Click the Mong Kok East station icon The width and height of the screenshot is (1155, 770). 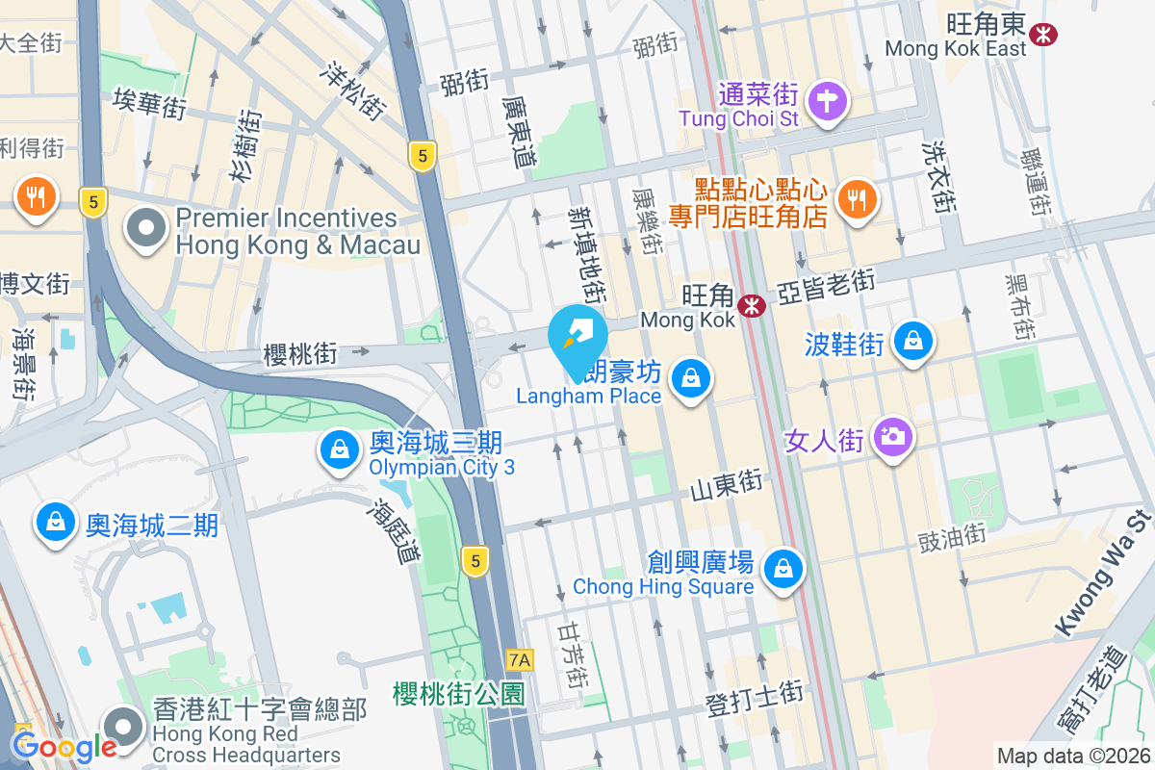[1041, 34]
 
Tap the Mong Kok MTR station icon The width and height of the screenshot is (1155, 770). [751, 306]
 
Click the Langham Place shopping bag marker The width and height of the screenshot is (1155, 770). [690, 378]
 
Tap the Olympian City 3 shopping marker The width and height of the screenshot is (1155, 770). [340, 449]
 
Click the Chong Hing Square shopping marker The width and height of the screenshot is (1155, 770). [783, 569]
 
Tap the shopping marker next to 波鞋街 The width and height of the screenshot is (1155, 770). [911, 341]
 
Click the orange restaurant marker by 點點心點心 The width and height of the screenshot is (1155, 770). [855, 198]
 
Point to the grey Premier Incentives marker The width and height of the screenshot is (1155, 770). [146, 230]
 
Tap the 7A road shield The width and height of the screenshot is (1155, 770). [520, 660]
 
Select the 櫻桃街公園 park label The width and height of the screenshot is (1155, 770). [458, 694]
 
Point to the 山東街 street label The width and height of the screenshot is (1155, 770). [727, 484]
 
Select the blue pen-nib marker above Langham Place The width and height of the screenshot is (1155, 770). [578, 336]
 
